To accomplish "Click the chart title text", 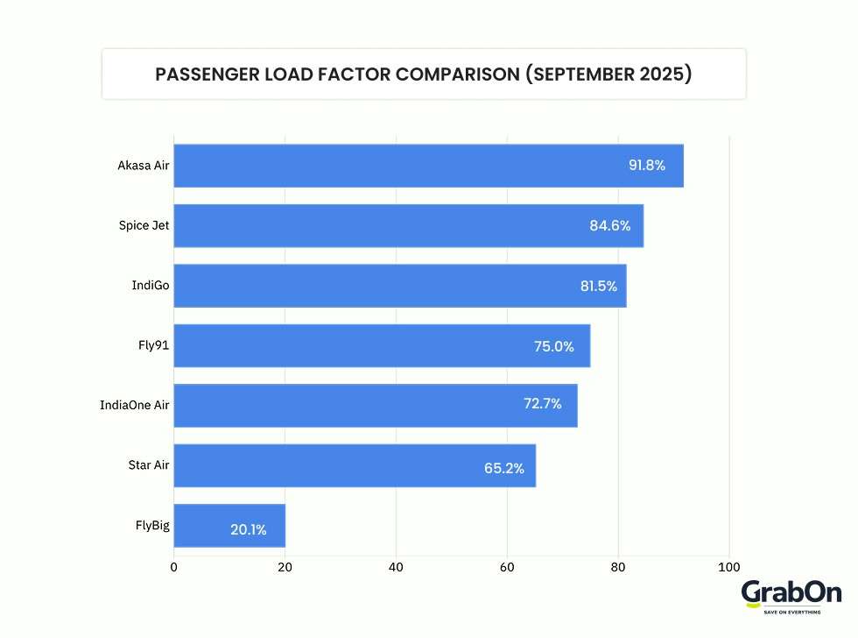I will tap(424, 74).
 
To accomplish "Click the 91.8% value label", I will tap(646, 166).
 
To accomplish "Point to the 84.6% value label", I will tap(609, 226).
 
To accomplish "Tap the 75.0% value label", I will tap(553, 346).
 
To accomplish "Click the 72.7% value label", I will tap(542, 405).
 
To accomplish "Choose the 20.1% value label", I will tap(248, 529).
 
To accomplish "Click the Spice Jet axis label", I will tap(144, 225).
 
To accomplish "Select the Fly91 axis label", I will tap(153, 344).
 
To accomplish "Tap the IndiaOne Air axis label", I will tap(134, 405).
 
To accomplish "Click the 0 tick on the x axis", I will tap(173, 566).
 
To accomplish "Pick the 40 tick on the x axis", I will tap(396, 566).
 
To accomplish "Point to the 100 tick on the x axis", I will tap(728, 566).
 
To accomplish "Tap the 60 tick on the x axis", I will tap(507, 566).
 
